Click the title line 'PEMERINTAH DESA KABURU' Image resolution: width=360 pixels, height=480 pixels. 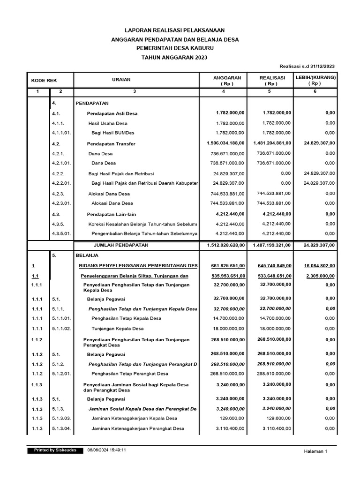pos(173,48)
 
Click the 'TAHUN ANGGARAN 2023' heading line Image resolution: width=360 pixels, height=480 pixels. pos(173,57)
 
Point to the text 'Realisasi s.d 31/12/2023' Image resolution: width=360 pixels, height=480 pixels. pos(307,67)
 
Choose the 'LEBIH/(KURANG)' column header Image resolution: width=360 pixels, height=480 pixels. pos(315,77)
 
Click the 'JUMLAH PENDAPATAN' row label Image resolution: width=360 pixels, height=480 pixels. pos(121,245)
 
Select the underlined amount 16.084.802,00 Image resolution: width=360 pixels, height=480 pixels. pos(316,266)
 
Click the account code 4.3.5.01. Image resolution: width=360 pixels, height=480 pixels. pos(61,233)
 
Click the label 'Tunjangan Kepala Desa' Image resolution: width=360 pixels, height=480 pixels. pos(117,329)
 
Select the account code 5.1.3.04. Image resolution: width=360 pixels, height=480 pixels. pos(61,428)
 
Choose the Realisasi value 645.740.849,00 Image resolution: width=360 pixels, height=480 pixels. pos(271,266)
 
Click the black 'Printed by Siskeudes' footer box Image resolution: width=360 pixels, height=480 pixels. pos(55,450)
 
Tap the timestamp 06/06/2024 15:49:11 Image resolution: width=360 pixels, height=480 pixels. pos(106,450)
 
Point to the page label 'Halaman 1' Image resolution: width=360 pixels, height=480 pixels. pos(316,451)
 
